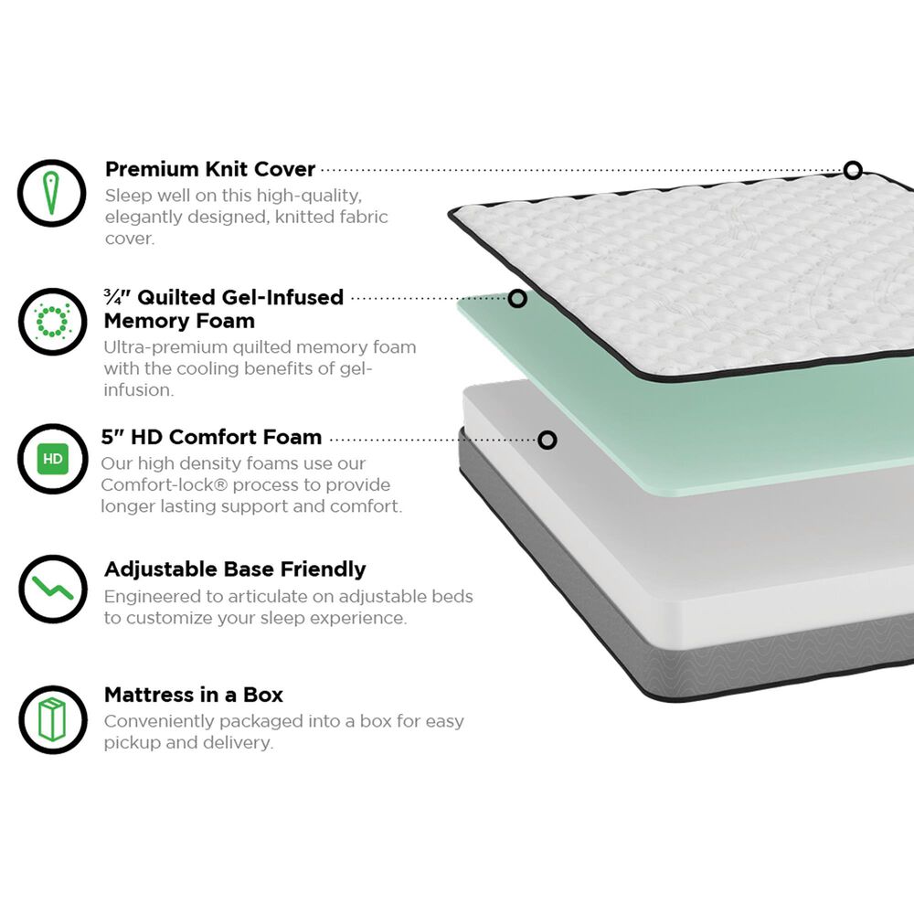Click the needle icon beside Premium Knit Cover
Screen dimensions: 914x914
pos(52,192)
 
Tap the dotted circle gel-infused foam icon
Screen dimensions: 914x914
pos(52,321)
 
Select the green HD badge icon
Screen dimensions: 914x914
pos(52,458)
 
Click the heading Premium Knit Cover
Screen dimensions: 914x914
pos(209,169)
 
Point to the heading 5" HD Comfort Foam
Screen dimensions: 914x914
pos(211,437)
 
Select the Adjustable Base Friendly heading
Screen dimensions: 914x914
pos(235,569)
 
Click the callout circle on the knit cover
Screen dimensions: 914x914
pos(853,170)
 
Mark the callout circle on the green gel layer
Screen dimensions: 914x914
pos(517,299)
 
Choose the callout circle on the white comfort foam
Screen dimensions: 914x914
pos(547,441)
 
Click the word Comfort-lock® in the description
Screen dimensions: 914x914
pos(157,484)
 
